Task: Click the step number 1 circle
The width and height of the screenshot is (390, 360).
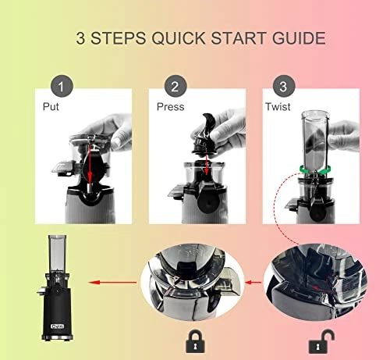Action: point(62,87)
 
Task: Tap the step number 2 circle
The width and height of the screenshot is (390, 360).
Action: point(175,87)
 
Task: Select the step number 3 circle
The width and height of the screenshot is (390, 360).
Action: point(284,87)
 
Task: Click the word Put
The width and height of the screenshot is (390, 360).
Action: point(51,107)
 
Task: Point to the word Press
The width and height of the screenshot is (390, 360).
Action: point(171,107)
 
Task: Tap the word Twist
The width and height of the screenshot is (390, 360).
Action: point(278,107)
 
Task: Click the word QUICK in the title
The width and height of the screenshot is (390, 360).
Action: point(179,38)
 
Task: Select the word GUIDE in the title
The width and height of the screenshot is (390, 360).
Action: point(299,38)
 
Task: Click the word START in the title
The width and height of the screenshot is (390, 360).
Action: point(239,38)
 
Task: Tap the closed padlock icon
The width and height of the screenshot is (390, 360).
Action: point(195,341)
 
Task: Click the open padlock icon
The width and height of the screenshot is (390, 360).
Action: point(321,341)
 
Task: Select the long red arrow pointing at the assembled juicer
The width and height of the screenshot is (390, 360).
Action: point(112,283)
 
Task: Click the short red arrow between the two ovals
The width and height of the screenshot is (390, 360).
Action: point(253,282)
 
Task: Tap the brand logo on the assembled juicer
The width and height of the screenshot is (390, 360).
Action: point(57,326)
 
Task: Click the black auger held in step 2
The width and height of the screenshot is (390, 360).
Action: point(205,134)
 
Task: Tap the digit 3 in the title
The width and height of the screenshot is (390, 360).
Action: point(80,38)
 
